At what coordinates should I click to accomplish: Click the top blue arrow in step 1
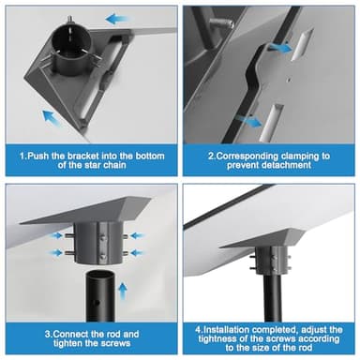click(116, 18)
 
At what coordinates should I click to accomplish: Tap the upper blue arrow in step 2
click(278, 46)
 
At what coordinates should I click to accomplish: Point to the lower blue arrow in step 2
click(247, 119)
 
